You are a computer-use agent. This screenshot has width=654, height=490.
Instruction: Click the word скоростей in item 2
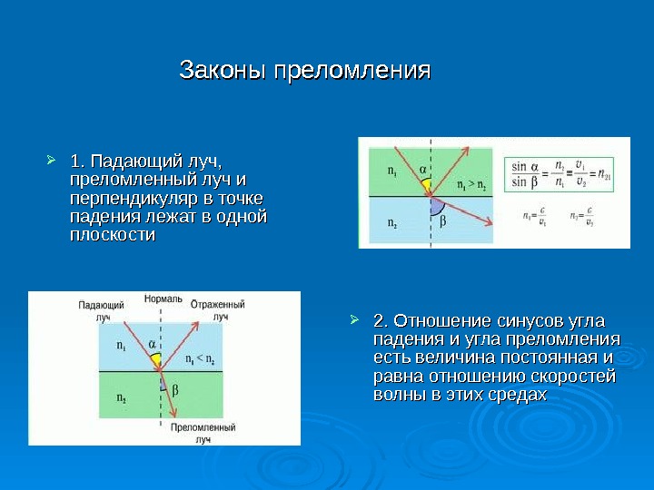pos(574,377)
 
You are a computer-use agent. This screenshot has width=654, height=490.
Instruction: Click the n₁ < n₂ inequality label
pos(200,358)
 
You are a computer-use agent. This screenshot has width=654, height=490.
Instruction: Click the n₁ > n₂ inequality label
pos(471,186)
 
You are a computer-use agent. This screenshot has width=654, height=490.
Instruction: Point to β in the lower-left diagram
pos(175,389)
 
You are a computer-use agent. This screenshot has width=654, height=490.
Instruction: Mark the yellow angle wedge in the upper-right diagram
pos(425,187)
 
